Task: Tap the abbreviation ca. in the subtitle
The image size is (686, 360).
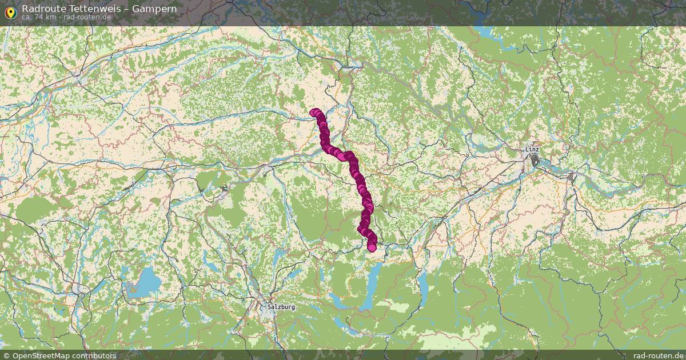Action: (27, 17)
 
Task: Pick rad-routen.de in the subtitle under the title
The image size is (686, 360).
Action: (87, 17)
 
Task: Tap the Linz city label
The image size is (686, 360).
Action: (532, 150)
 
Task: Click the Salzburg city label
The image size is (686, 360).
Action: (281, 307)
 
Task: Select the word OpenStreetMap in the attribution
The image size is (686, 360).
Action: (41, 355)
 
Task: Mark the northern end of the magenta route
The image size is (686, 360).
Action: (313, 113)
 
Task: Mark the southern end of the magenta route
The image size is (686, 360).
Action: (372, 247)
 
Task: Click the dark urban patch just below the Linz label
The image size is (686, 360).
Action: (536, 162)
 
